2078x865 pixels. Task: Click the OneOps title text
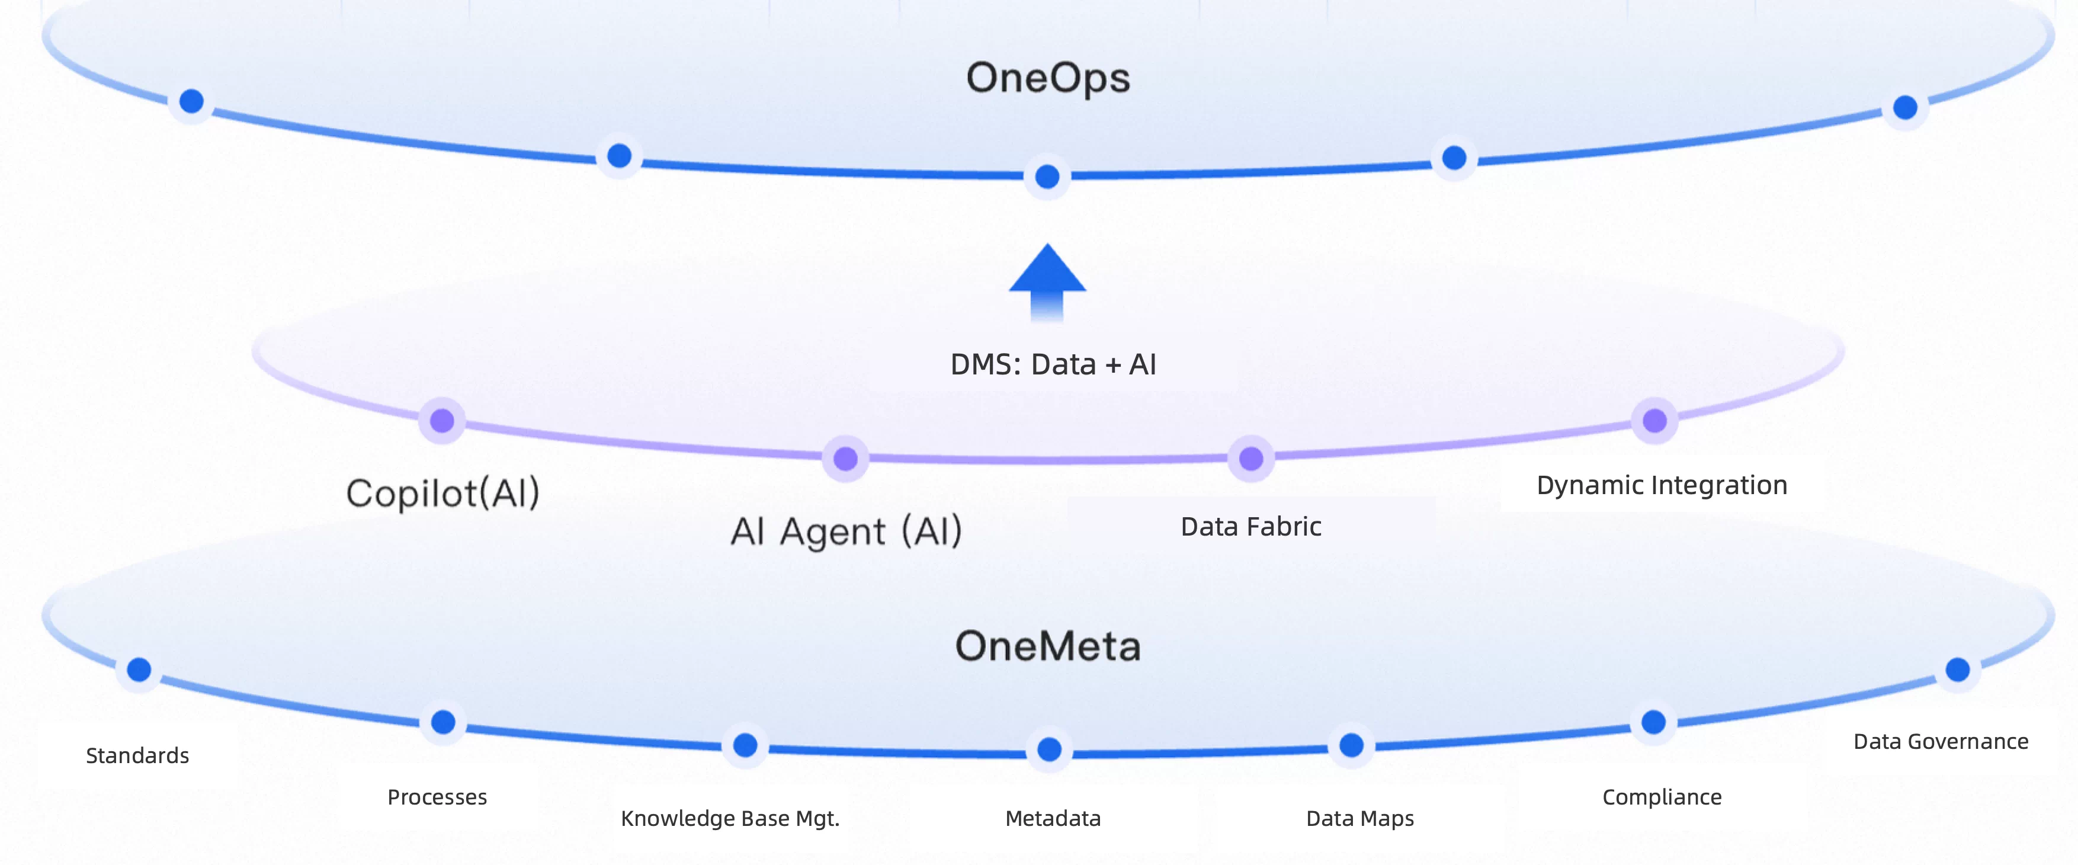click(x=1048, y=78)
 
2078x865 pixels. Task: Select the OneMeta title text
click(x=1048, y=646)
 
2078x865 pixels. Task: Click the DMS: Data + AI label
click(x=1053, y=365)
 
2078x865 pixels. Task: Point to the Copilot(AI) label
click(x=443, y=493)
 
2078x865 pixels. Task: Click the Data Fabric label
click(x=1250, y=527)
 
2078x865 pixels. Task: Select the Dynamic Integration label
click(x=1662, y=485)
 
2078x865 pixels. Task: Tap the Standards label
click(x=137, y=756)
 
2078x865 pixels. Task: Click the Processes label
click(x=437, y=797)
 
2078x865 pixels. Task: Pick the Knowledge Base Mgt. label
click(x=730, y=818)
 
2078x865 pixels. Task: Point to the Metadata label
click(x=1053, y=818)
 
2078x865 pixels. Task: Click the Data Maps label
click(x=1360, y=818)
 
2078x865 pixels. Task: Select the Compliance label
click(x=1662, y=797)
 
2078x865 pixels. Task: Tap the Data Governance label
click(x=1941, y=742)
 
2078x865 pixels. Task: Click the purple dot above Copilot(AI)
click(x=442, y=421)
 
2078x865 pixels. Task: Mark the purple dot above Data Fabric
click(x=1251, y=459)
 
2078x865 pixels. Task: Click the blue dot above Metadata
click(x=1048, y=749)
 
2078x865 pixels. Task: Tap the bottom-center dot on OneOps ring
click(x=1047, y=177)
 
